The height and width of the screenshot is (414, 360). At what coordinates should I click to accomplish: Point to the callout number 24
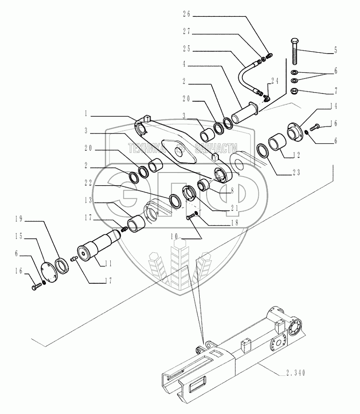tap(274, 80)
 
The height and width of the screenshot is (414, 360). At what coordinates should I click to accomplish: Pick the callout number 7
tap(335, 91)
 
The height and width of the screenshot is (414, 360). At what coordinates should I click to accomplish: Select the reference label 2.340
tap(296, 373)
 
